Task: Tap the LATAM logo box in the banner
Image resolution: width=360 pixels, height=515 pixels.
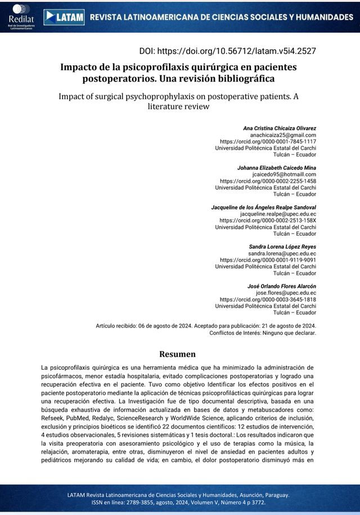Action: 64,17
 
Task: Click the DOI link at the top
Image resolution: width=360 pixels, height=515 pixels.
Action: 236,51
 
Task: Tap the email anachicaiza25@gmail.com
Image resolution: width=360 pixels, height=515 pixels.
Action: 283,136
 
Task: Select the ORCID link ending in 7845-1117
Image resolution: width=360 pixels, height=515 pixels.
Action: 268,142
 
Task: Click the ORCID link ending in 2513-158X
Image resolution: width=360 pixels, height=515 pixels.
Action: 268,221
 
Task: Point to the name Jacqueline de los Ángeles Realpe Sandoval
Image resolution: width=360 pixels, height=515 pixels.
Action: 263,208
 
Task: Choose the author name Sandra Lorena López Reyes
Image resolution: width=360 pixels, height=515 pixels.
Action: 282,247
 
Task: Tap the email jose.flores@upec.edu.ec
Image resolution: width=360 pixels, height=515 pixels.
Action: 286,293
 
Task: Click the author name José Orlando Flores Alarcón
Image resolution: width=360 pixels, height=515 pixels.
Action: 281,286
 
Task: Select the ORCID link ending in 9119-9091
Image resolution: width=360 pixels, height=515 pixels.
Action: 268,260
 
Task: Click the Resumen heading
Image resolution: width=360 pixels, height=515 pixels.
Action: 178,354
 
